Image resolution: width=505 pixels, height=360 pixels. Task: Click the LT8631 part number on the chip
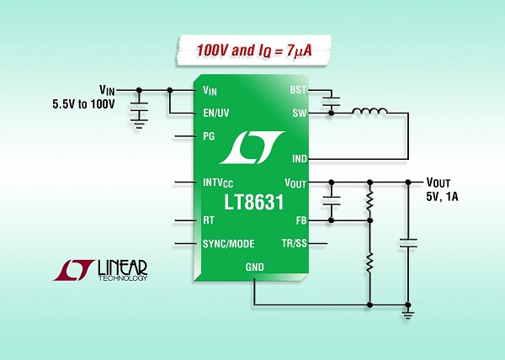coord(254,203)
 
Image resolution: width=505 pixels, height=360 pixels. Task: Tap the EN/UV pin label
coord(216,113)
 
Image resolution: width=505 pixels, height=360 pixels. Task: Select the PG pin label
coord(209,136)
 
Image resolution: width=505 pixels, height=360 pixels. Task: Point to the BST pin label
coord(298,90)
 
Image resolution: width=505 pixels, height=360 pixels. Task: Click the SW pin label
coord(300,114)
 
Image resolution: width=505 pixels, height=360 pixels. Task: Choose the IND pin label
coord(300,159)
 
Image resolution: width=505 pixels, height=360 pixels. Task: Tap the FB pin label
coord(301,220)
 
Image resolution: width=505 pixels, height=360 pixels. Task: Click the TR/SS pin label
coord(294,243)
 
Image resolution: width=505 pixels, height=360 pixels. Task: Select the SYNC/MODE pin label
coord(229,244)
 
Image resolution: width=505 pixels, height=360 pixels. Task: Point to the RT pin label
coord(209,220)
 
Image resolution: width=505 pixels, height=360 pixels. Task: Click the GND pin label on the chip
coord(255,267)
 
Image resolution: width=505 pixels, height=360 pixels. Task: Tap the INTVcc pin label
coord(218,183)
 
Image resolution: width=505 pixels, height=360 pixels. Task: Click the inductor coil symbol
coord(369,111)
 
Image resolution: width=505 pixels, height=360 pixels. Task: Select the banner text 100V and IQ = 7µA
coord(254,50)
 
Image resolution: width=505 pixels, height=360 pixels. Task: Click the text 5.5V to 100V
coord(83,104)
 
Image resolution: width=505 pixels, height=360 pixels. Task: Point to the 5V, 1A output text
coord(442,196)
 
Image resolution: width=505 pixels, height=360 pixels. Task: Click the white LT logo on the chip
coord(252,147)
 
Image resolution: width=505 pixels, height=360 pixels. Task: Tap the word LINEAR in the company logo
coord(122,267)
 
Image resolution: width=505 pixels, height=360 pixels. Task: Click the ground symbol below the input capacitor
coord(139,124)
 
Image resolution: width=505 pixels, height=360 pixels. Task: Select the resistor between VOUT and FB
coord(369,201)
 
